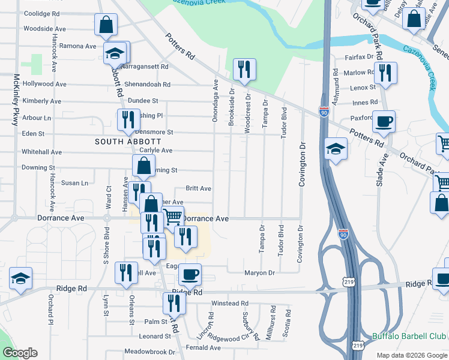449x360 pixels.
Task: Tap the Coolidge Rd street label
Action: [x=41, y=13]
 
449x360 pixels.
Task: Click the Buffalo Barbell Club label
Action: [x=409, y=336]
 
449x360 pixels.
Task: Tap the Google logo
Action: [x=20, y=353]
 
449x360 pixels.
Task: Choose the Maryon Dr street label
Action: [x=259, y=273]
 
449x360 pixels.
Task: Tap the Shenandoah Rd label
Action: [x=147, y=85]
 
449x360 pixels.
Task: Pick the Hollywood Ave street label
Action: [x=44, y=85]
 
